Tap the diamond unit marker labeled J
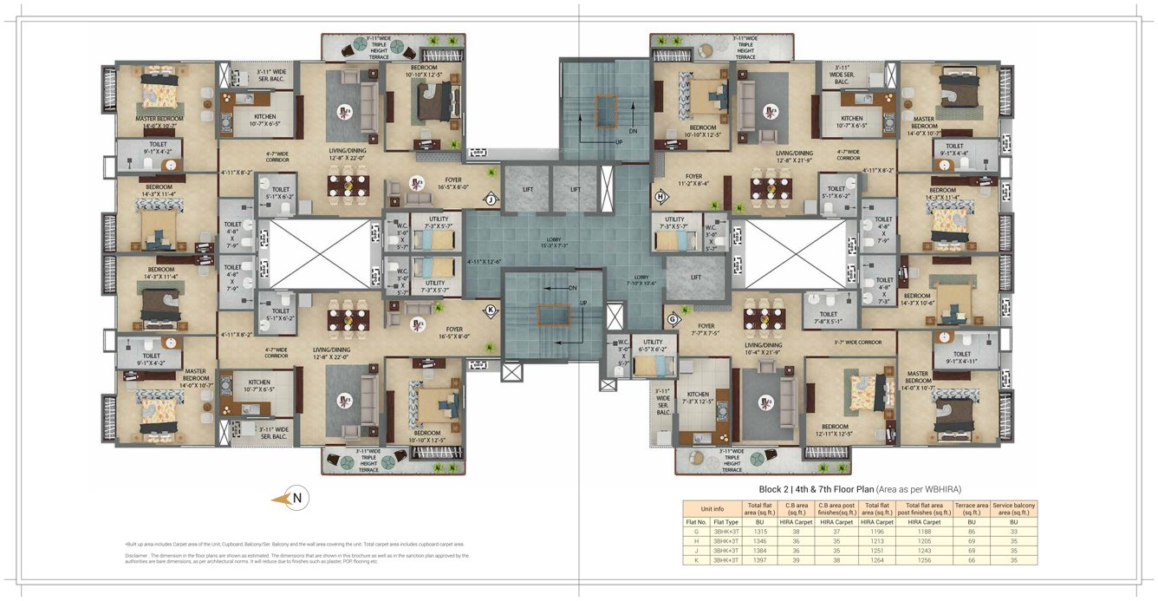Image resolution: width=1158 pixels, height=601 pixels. [490, 199]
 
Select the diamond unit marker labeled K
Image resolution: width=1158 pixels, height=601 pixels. [490, 310]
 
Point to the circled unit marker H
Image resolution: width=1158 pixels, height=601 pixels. [660, 196]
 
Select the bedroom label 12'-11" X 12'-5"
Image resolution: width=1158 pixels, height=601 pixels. [835, 430]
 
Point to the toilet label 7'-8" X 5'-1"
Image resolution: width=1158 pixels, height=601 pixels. [828, 318]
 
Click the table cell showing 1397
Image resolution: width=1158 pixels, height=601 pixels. [758, 559]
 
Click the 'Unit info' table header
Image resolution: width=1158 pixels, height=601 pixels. [712, 507]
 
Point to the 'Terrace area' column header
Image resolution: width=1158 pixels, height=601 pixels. [971, 507]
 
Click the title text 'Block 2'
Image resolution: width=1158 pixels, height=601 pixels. [776, 488]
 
